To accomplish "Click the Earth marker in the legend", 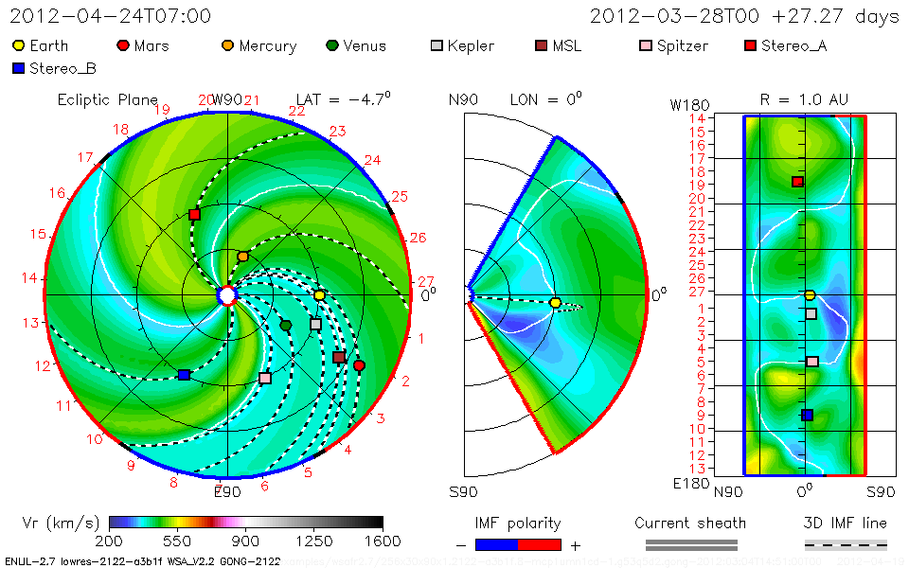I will [x=18, y=45].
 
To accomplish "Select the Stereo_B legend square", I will [x=18, y=68].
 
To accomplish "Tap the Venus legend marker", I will [x=331, y=45].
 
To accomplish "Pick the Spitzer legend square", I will [x=646, y=45].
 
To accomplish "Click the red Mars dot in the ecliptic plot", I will [x=359, y=365].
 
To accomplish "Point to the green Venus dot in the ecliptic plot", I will [x=286, y=326].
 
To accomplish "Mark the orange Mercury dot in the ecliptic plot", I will [x=242, y=257].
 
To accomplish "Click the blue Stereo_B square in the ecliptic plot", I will [x=184, y=375].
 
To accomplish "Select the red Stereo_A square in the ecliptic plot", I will [x=194, y=215].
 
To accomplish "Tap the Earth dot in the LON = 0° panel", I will [x=556, y=303].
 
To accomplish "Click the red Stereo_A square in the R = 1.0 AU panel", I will [x=797, y=182].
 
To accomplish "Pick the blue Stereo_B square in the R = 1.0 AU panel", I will [x=807, y=415].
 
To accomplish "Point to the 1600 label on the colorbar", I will [x=383, y=541].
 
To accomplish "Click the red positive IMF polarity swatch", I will [x=540, y=544].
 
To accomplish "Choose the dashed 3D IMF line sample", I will [x=846, y=544].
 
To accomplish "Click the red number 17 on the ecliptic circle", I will [x=85, y=157].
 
